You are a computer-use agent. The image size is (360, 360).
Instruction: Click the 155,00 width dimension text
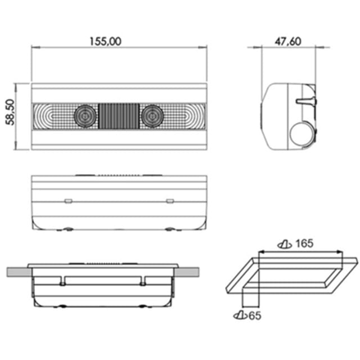coord(105,42)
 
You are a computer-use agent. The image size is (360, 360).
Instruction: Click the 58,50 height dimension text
coord(10,112)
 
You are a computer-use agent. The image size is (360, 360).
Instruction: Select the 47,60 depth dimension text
coord(288,42)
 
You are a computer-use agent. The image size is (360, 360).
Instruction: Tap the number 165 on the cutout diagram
coord(304,244)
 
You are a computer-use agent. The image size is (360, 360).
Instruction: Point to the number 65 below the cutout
coord(255,316)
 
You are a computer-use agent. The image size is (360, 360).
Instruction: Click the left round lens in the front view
coord(85,116)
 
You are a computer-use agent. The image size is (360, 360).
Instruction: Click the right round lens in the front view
coord(152,116)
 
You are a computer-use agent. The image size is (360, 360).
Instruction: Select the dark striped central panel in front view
coord(119,116)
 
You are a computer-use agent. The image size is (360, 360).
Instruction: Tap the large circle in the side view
coord(301,134)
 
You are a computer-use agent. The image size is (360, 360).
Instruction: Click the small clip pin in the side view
coord(306,101)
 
